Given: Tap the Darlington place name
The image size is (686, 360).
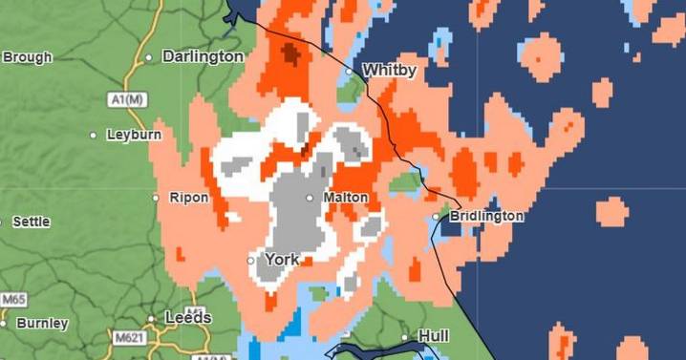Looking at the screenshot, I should click(203, 56).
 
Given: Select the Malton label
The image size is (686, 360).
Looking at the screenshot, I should click(346, 197).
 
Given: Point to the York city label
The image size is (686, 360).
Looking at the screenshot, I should click(282, 259).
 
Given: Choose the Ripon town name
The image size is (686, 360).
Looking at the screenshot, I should click(188, 198).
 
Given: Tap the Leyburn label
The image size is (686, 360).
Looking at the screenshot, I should click(134, 135).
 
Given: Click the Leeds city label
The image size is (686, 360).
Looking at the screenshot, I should click(187, 317).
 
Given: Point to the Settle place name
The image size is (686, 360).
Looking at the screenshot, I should click(32, 222).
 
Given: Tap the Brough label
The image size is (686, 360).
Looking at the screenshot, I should click(27, 57).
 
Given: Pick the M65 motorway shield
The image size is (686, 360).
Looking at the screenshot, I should click(13, 300).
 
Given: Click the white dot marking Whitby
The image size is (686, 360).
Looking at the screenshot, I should click(349, 71).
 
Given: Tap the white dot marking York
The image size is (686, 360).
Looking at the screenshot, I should click(250, 260).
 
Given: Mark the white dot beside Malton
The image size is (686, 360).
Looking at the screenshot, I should click(310, 198).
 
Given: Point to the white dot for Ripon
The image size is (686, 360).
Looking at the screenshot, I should click(156, 198).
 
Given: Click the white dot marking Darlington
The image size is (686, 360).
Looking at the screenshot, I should click(149, 57).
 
